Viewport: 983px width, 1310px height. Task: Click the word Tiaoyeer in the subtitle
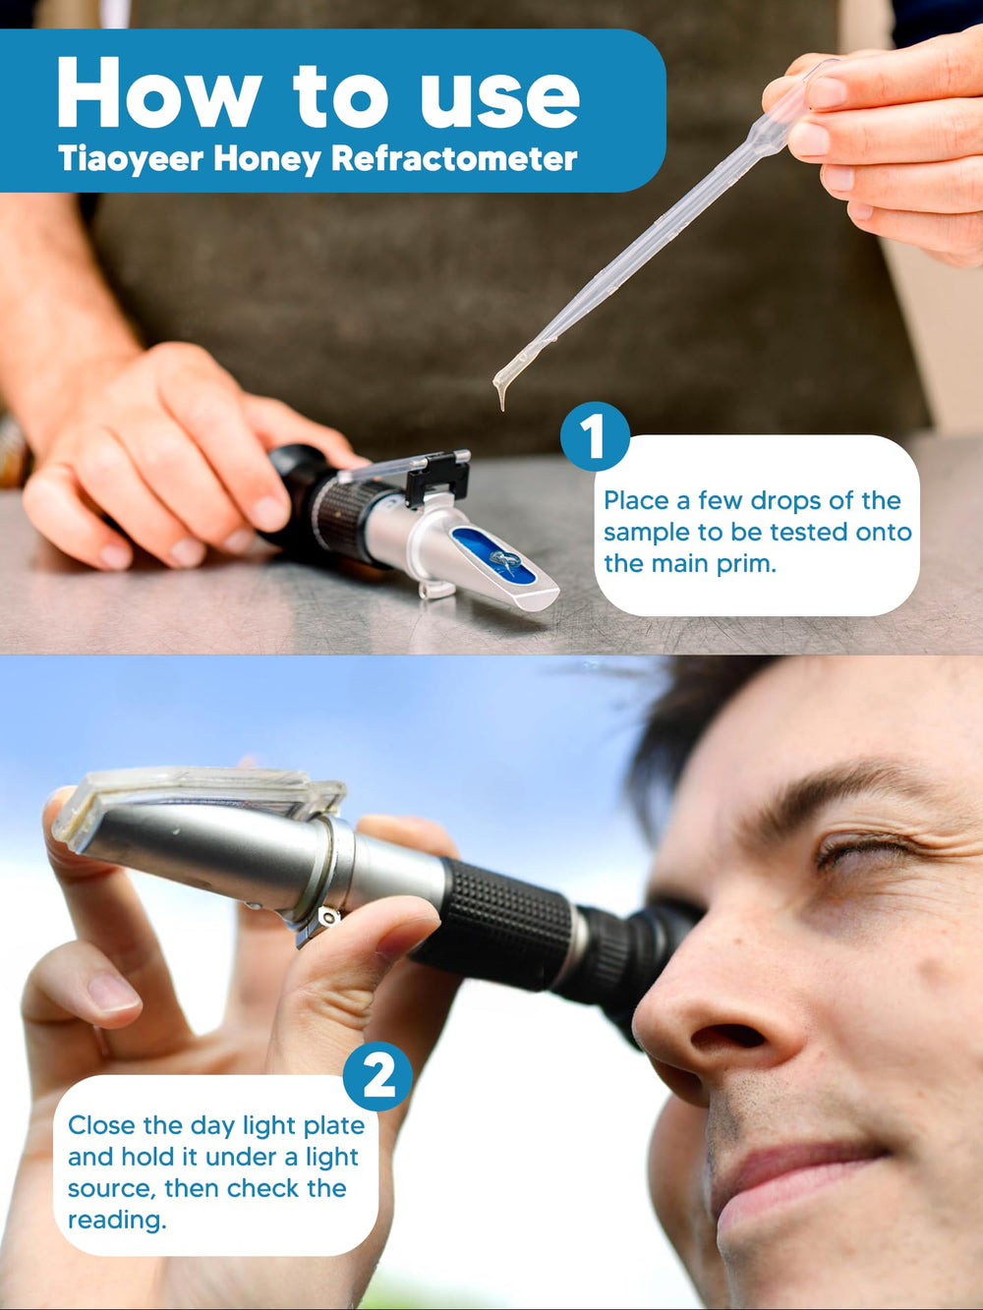point(131,159)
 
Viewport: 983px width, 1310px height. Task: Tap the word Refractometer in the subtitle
point(454,158)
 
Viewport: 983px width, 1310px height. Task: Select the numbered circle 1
point(595,437)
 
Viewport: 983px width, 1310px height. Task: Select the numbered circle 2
point(377,1076)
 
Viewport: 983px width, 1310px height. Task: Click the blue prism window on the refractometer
point(493,554)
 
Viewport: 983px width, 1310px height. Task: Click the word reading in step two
point(117,1220)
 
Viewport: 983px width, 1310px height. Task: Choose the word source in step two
point(112,1188)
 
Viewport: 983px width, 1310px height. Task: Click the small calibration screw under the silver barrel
point(327,917)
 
